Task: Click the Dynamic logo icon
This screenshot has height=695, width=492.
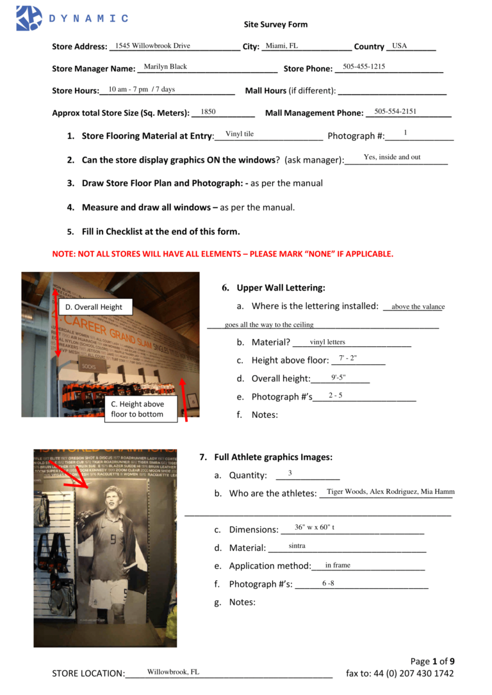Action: pyautogui.click(x=29, y=18)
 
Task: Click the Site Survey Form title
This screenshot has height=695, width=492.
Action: pyautogui.click(x=275, y=24)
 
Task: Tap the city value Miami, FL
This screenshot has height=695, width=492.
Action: pyautogui.click(x=282, y=46)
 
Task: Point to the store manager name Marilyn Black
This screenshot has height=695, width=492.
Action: pyautogui.click(x=165, y=67)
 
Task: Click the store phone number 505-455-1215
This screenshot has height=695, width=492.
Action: pyautogui.click(x=364, y=67)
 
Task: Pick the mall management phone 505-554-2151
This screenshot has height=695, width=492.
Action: pyautogui.click(x=395, y=111)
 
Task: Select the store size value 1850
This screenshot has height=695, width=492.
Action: pyautogui.click(x=208, y=111)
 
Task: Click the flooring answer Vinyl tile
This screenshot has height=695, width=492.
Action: pyautogui.click(x=240, y=134)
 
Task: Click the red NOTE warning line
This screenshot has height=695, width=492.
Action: pyautogui.click(x=222, y=253)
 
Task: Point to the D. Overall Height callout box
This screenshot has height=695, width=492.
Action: pyautogui.click(x=95, y=307)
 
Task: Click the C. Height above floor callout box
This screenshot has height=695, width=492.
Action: pyautogui.click(x=136, y=409)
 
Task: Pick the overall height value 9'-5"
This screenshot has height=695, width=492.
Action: pyautogui.click(x=339, y=377)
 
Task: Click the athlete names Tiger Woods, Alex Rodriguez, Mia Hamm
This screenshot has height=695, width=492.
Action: pyautogui.click(x=390, y=491)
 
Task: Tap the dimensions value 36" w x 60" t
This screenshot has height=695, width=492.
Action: pyautogui.click(x=315, y=527)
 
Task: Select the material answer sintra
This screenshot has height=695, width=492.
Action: pyautogui.click(x=297, y=546)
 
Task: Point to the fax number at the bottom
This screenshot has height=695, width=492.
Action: pyautogui.click(x=400, y=673)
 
